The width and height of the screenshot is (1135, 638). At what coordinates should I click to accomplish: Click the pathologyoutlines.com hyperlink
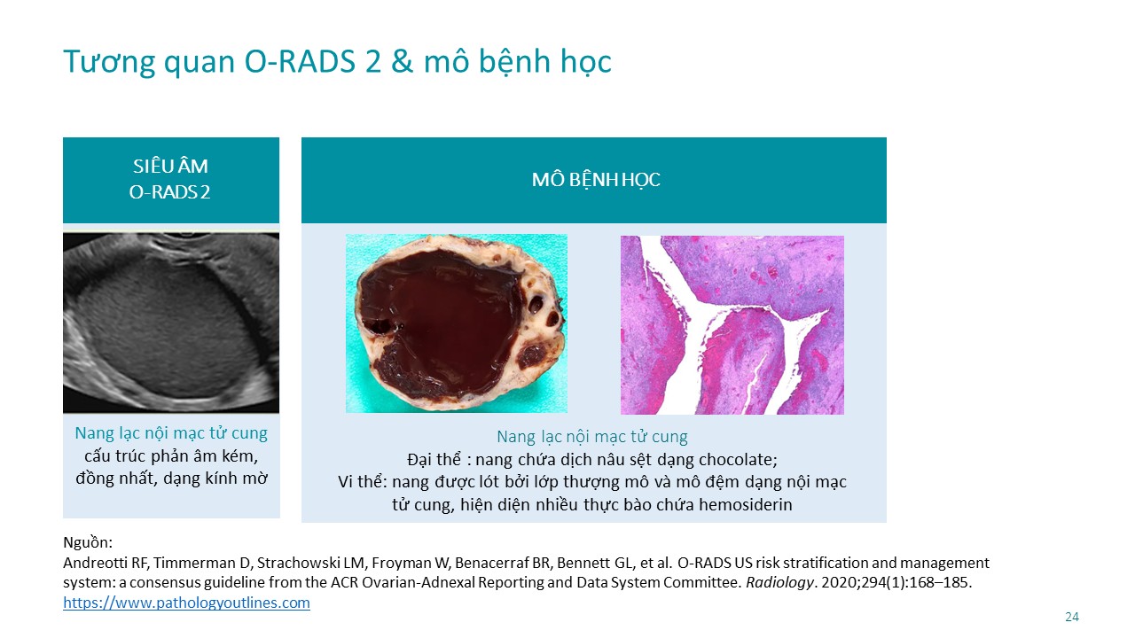(186, 603)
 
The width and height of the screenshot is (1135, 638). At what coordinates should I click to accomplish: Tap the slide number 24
(1072, 617)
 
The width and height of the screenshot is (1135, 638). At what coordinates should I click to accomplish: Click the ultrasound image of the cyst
(171, 323)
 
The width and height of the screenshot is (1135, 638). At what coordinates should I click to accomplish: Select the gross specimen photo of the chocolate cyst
(457, 323)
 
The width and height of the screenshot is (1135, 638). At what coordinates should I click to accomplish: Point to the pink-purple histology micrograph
(732, 324)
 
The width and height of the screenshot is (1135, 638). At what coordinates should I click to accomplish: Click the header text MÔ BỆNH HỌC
(596, 180)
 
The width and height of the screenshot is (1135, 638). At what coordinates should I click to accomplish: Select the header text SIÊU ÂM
(171, 166)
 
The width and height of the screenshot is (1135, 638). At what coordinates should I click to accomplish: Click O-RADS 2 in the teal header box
(169, 192)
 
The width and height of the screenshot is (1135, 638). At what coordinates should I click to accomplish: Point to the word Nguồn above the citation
(86, 543)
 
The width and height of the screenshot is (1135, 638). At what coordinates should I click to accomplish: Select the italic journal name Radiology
(779, 582)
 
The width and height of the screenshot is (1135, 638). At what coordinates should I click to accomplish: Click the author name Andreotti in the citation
(96, 563)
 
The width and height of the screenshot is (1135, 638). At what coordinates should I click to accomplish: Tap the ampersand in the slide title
(402, 61)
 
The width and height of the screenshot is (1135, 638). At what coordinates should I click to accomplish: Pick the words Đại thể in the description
(434, 459)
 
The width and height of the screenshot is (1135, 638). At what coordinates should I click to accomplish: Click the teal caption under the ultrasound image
(171, 433)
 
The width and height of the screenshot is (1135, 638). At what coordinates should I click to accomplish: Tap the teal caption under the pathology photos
(591, 437)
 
